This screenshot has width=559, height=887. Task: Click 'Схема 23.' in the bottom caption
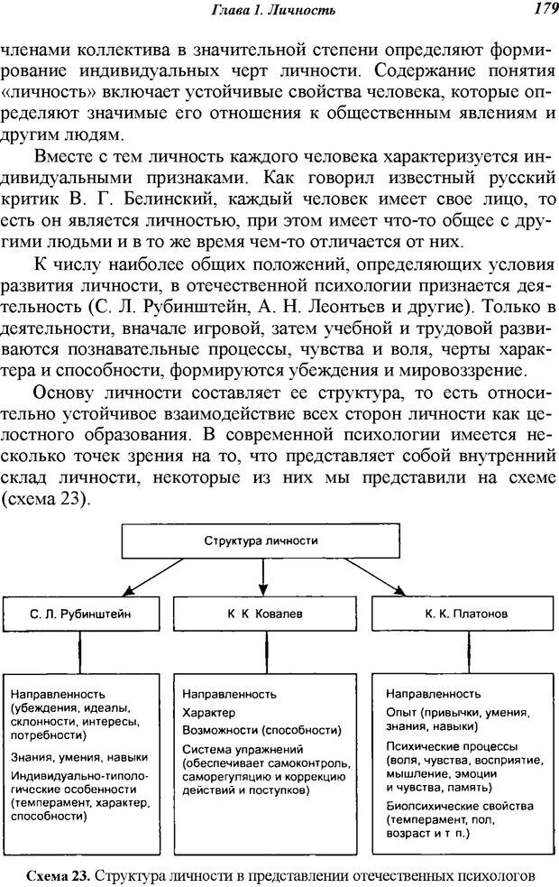58,873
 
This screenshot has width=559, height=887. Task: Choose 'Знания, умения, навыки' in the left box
79,758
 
